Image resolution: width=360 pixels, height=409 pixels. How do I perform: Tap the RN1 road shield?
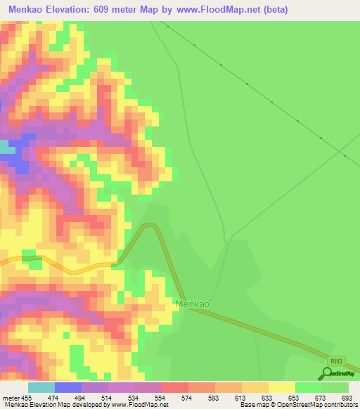[x=337, y=361]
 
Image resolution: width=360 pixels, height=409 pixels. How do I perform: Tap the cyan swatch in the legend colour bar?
[x=41, y=387]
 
